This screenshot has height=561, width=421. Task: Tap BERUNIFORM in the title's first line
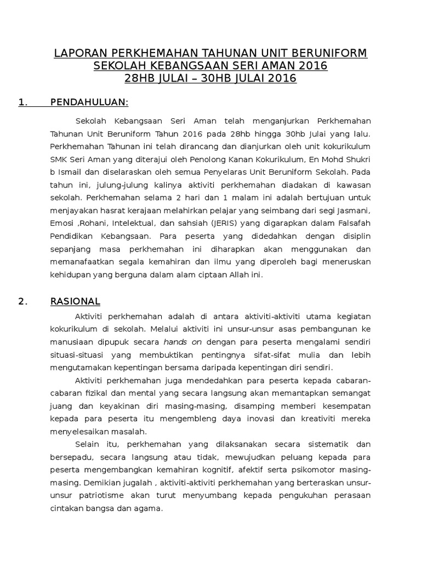(x=330, y=54)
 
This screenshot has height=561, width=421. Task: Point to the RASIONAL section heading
(x=75, y=301)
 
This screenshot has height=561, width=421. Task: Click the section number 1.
(x=22, y=102)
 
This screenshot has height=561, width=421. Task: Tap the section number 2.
(x=22, y=301)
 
